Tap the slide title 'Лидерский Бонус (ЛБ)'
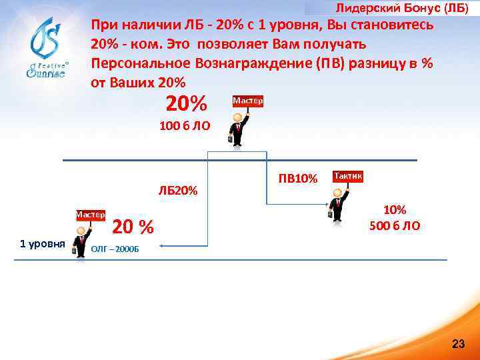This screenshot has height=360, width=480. [x=406, y=8]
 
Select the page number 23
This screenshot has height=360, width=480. [x=458, y=344]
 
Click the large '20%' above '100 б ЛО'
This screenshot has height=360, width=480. [x=186, y=103]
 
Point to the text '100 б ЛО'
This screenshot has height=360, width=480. [x=184, y=125]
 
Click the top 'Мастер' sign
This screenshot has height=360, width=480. [x=247, y=101]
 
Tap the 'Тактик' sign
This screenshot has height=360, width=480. [x=347, y=176]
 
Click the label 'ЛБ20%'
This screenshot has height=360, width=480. [x=178, y=191]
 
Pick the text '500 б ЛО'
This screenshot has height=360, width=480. [x=395, y=225]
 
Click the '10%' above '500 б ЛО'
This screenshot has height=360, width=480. [x=395, y=210]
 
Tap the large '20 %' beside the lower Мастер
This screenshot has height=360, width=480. [x=133, y=227]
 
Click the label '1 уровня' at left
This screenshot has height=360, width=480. [x=42, y=243]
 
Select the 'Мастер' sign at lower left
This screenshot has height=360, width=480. [x=90, y=215]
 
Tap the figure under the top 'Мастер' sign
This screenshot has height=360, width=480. [x=237, y=128]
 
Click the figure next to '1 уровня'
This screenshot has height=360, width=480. [x=82, y=241]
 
